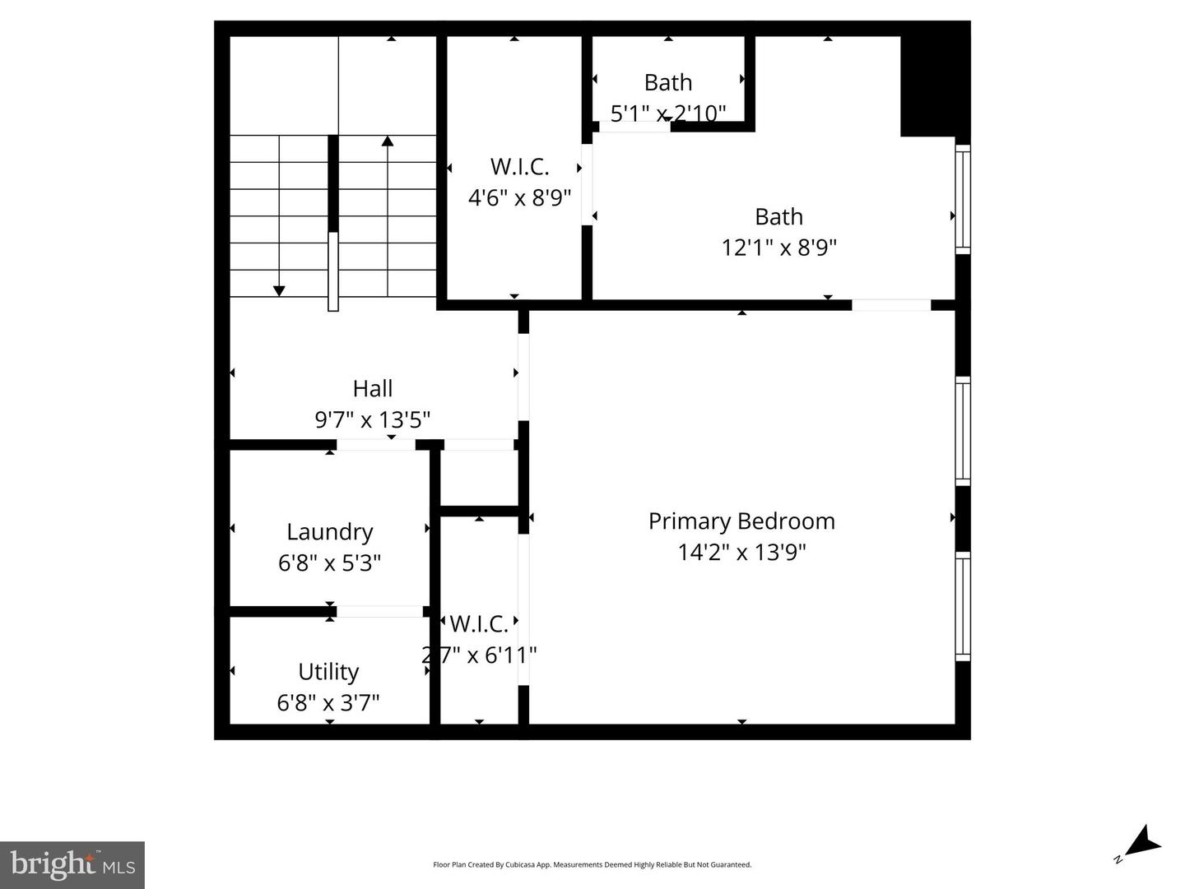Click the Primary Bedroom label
tap(741, 521)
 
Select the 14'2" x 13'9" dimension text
tap(741, 552)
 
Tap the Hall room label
tap(372, 389)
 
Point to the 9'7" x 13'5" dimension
tap(372, 420)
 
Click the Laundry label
tap(329, 532)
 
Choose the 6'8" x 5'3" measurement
tap(329, 563)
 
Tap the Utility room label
tap(328, 672)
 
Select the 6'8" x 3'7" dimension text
tap(328, 703)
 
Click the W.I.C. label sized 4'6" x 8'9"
tap(519, 167)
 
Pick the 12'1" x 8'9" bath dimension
tap(778, 248)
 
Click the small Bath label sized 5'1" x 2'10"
tap(667, 83)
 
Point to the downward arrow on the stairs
tap(279, 290)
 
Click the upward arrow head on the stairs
tap(388, 141)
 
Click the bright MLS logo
tap(72, 864)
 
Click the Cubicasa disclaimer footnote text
tap(592, 864)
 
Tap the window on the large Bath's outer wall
tap(962, 199)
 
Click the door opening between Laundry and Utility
tap(379, 611)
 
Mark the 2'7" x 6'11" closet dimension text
tap(479, 655)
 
